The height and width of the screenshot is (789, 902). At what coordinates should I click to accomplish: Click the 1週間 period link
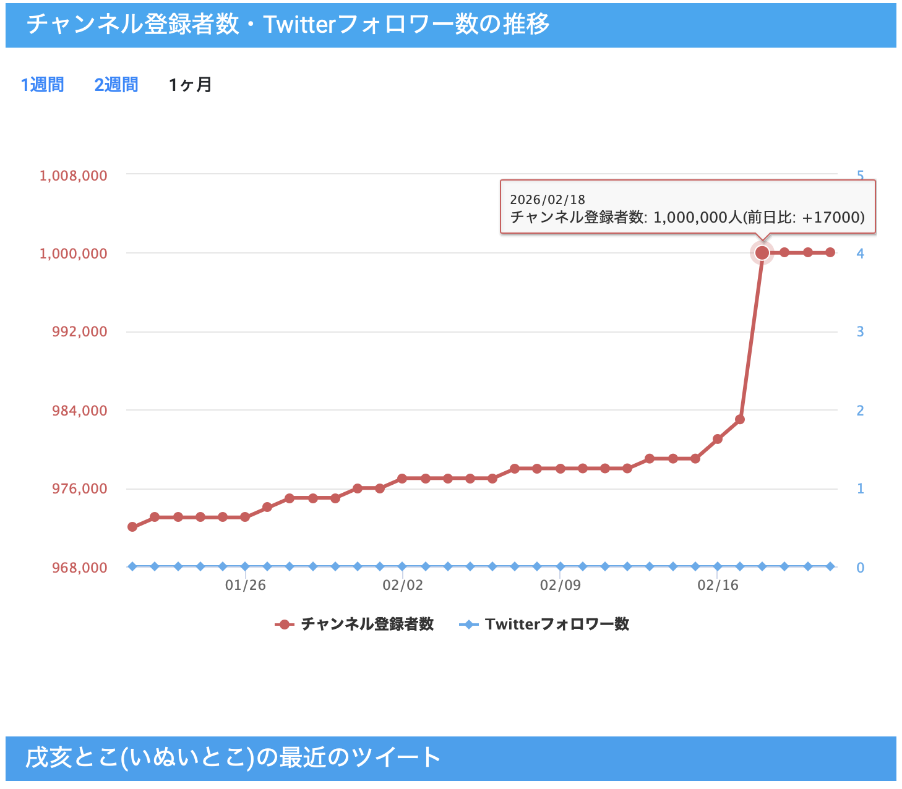coord(42,85)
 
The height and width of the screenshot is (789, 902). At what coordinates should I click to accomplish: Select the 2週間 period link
coord(116,85)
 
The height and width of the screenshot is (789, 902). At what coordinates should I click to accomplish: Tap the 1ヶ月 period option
coord(190,85)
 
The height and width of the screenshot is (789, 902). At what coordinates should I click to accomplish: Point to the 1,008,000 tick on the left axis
coord(73,176)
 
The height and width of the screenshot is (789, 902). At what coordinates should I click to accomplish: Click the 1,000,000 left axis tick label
coord(73,254)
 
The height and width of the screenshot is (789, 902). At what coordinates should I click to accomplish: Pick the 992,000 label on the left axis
coord(79,331)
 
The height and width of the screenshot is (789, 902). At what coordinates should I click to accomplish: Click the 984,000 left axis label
coord(79,411)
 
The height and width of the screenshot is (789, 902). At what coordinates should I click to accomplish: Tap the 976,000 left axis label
coord(79,488)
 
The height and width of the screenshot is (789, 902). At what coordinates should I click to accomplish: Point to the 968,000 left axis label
coord(79,568)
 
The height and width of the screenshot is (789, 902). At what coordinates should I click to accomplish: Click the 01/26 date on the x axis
coord(245,585)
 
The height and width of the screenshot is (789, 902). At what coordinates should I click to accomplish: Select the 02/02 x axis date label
coord(403,585)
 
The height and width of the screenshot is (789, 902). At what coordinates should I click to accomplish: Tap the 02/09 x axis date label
coord(561,585)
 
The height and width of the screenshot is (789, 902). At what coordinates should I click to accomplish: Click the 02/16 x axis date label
coord(718,585)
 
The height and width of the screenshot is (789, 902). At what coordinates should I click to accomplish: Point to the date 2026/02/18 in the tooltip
coord(548,200)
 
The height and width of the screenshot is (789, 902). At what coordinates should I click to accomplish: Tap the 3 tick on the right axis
coord(860,332)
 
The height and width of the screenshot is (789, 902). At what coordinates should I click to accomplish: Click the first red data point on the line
coord(132,527)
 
